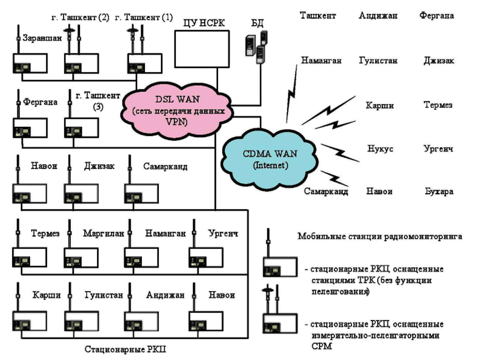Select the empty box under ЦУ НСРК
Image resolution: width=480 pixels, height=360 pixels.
(x=202, y=49)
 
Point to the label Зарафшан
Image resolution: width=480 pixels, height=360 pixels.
(x=42, y=38)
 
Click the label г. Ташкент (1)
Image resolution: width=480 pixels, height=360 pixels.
(x=144, y=17)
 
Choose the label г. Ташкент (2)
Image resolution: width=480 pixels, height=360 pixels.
(x=80, y=17)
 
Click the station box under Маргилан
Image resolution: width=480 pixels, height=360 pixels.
(x=81, y=257)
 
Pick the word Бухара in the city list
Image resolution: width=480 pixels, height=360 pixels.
(x=439, y=191)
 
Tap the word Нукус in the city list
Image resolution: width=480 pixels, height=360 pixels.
(x=380, y=149)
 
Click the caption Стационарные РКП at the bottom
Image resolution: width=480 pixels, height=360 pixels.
(x=125, y=349)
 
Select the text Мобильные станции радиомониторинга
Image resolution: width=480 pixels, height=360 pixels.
(x=380, y=236)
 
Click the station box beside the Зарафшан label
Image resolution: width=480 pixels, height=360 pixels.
(x=30, y=64)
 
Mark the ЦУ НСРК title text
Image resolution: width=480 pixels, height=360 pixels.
(x=204, y=23)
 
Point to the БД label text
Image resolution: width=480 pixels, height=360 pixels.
(x=257, y=23)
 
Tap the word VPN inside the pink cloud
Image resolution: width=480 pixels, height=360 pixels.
(x=177, y=122)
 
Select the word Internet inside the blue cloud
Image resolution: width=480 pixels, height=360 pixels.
(x=271, y=166)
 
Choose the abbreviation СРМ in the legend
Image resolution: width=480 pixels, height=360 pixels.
(x=321, y=346)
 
